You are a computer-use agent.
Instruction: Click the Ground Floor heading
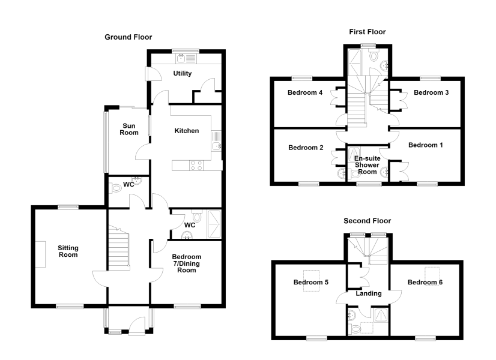[128, 37]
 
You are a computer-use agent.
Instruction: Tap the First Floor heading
[367, 32]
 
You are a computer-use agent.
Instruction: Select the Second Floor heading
[367, 221]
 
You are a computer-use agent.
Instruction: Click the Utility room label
[182, 73]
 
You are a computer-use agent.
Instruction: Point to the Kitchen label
[187, 131]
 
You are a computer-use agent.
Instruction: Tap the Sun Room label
[129, 129]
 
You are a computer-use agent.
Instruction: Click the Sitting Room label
[68, 251]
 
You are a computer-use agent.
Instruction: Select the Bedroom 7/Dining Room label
[186, 263]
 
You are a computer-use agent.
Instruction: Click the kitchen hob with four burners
[196, 166]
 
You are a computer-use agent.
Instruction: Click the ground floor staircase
[119, 248]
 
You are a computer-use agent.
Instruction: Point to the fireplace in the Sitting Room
[40, 254]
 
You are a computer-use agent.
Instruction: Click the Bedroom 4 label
[305, 92]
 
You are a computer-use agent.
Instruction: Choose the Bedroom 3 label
[431, 92]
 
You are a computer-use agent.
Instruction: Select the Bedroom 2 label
[306, 148]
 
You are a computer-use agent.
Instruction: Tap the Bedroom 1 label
[426, 145]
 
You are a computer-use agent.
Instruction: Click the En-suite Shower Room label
[367, 165]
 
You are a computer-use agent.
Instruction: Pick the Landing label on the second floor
[369, 293]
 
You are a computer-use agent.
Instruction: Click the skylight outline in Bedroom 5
[311, 281]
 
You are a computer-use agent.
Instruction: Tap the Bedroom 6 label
[425, 282]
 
